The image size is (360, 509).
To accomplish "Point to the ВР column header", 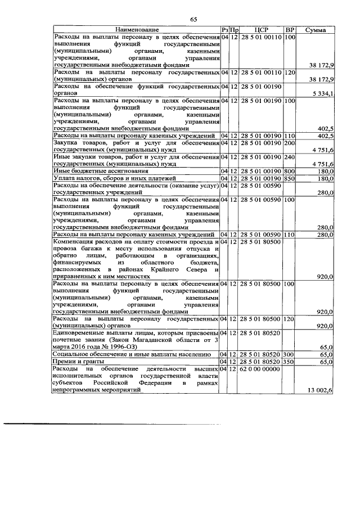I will [x=290, y=29].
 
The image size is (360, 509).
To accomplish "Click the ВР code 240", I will [x=290, y=157].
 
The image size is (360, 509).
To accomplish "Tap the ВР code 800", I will [x=290, y=170].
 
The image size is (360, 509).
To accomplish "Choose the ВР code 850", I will [x=290, y=178].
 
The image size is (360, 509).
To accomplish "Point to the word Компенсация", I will [x=76, y=241].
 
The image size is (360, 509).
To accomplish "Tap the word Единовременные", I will [x=82, y=334].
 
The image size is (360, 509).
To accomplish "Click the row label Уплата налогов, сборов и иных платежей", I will [x=110, y=178].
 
